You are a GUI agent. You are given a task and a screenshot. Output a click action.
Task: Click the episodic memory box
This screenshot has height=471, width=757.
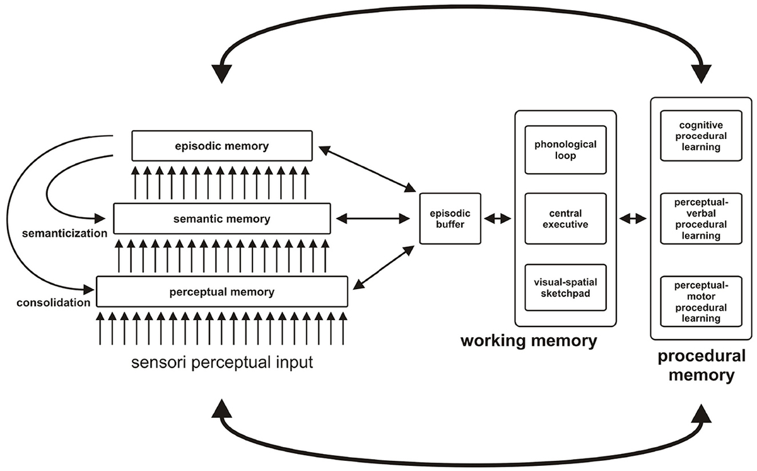tap(222, 146)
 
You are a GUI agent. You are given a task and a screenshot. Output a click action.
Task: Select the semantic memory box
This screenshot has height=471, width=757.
tap(222, 219)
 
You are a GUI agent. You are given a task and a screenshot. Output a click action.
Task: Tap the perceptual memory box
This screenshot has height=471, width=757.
tap(222, 292)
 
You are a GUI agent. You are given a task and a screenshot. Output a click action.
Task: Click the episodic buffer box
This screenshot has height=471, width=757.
tap(450, 218)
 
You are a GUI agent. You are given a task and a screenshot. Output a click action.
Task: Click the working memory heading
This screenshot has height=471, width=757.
tap(529, 342)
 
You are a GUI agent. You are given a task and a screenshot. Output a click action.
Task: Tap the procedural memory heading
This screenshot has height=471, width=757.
tap(701, 366)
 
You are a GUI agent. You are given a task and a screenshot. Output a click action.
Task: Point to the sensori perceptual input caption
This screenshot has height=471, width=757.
tap(222, 364)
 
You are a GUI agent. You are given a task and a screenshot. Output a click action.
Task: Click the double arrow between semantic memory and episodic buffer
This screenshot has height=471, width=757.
tap(374, 219)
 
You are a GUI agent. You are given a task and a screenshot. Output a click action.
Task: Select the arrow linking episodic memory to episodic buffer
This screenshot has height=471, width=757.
tap(367, 168)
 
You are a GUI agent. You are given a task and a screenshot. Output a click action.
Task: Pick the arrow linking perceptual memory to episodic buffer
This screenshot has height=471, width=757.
tap(384, 268)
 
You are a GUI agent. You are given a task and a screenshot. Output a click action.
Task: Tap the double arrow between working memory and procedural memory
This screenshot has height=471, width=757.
tap(633, 218)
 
